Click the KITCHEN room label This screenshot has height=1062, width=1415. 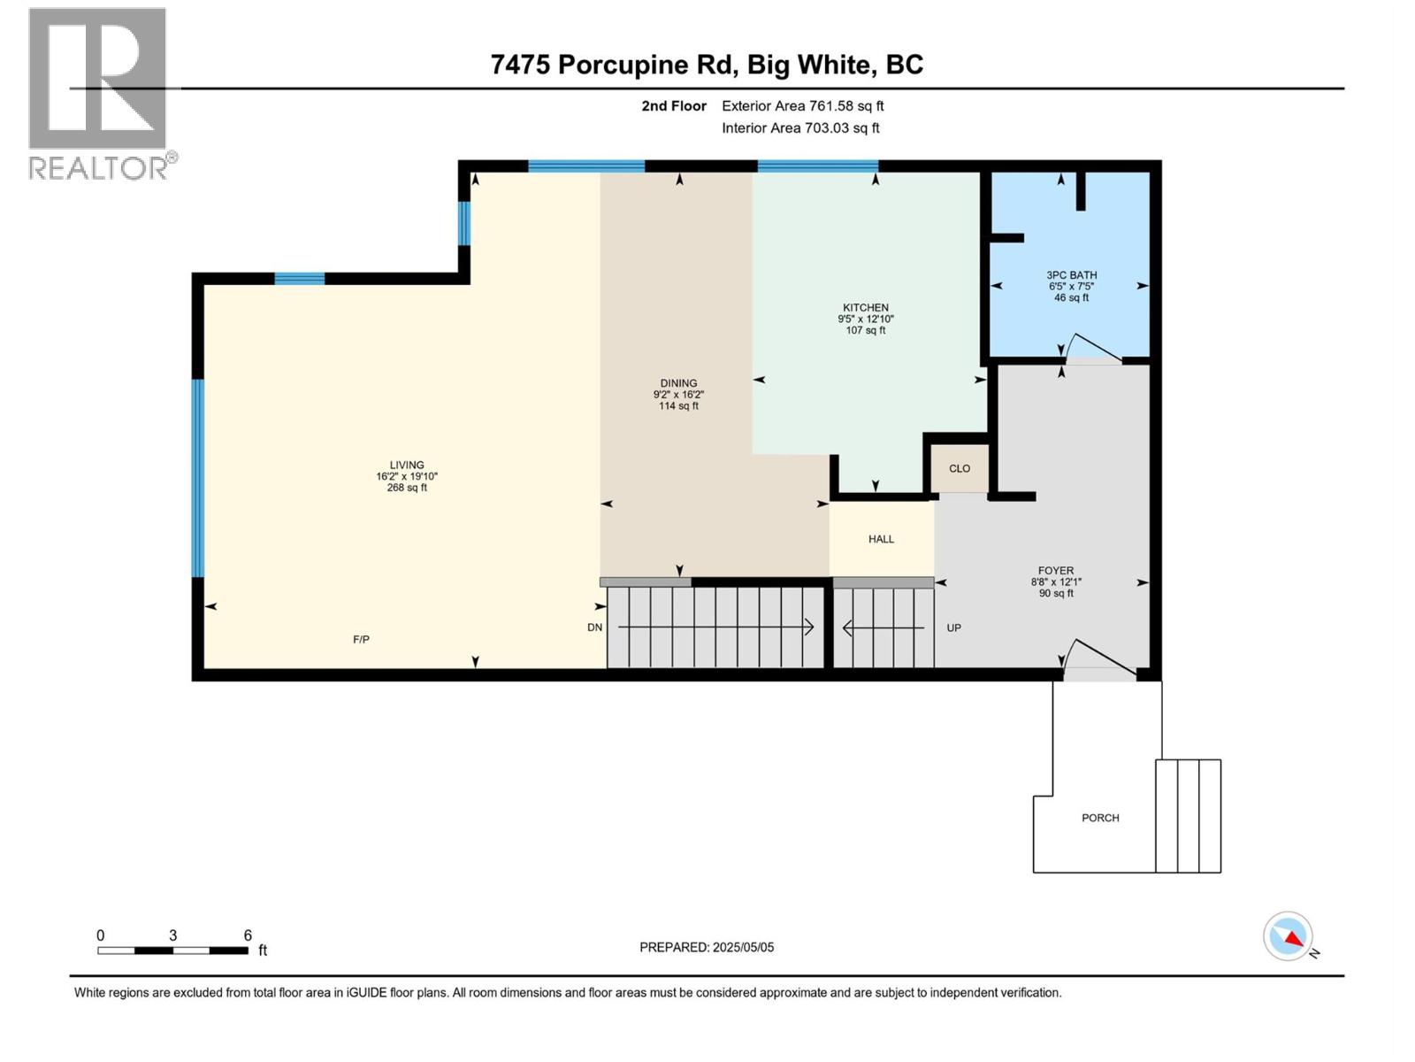click(865, 308)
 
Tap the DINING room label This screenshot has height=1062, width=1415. click(678, 384)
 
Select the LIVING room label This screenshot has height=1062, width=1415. click(407, 466)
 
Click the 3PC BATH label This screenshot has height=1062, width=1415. click(1071, 275)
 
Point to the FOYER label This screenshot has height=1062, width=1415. click(1056, 572)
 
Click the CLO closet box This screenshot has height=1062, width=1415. click(960, 469)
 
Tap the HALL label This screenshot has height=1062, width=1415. click(881, 539)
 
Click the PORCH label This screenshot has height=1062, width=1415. click(1100, 818)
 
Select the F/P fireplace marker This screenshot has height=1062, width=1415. click(361, 639)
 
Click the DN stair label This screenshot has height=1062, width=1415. click(594, 627)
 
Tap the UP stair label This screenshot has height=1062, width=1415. click(953, 627)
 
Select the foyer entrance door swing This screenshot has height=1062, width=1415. click(1098, 659)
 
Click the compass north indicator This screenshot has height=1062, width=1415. click(1289, 937)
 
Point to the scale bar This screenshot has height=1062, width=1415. click(173, 950)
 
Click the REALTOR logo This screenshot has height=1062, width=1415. click(98, 94)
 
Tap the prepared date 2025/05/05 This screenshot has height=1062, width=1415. click(707, 947)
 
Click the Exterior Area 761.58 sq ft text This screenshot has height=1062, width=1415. click(802, 106)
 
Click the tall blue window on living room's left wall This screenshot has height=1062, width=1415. click(198, 478)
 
